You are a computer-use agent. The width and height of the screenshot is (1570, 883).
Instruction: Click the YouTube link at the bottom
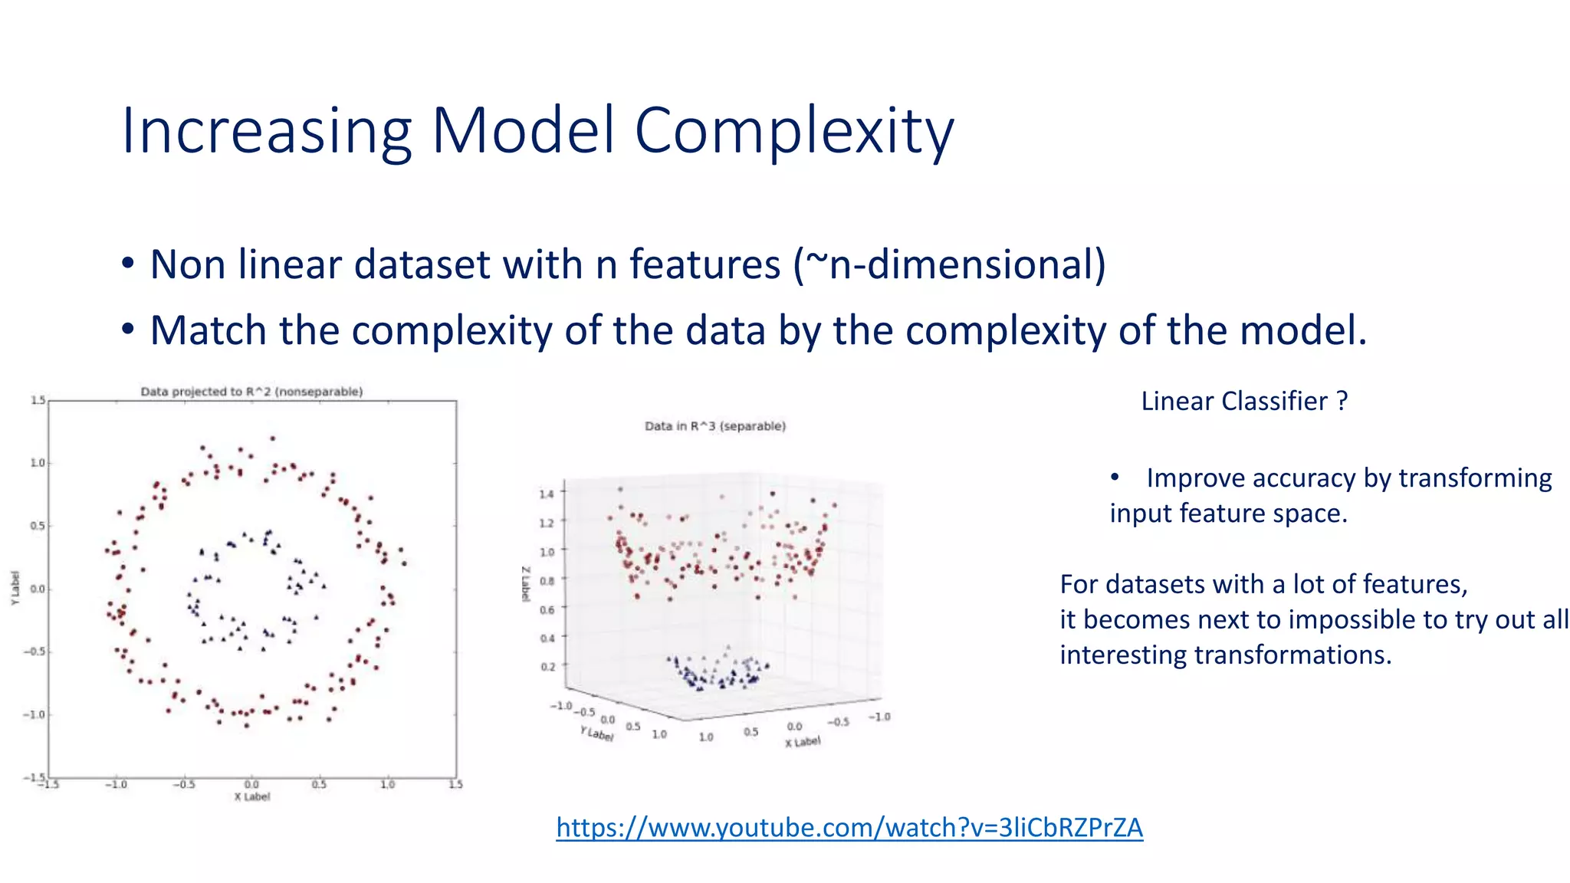849,828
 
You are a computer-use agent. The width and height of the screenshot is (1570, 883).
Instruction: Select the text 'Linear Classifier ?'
1243,401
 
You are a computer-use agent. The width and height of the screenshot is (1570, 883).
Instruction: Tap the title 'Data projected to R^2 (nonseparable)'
251,392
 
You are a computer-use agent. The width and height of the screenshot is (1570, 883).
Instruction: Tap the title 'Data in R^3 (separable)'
714,426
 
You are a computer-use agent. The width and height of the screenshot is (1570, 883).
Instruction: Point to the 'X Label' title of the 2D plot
251,797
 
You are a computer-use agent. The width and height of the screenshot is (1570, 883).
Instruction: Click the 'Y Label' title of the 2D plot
15,589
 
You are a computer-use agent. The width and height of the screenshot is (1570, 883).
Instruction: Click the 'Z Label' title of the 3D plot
526,585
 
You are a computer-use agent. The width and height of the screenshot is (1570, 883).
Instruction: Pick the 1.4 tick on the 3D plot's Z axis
546,494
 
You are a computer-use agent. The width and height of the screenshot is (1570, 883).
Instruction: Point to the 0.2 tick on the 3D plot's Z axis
547,667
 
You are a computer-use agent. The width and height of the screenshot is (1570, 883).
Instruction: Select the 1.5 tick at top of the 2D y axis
38,400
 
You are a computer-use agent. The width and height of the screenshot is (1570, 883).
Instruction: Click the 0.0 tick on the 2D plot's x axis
251,784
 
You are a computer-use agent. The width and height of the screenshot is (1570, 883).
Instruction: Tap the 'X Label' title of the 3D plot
802,742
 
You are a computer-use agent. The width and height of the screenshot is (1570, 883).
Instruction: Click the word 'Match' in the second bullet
209,331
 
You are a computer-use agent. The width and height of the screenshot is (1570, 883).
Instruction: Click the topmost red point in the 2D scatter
272,439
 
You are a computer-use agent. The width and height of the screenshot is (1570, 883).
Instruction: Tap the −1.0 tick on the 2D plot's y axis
34,714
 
